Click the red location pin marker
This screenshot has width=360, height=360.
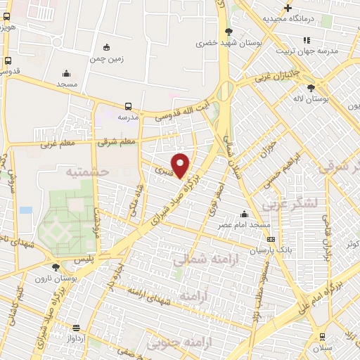pos(181,165)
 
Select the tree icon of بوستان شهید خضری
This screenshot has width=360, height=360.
pos(229,32)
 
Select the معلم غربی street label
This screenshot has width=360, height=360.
pos(58,145)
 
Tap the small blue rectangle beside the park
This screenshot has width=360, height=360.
pos(26,210)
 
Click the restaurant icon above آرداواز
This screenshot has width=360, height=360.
pos(76,328)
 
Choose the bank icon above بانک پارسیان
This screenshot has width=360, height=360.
pos(271,239)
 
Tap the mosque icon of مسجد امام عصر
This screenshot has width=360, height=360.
pos(245,214)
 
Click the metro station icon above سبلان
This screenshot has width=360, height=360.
pos(322,337)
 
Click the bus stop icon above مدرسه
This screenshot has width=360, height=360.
pos(127,105)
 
